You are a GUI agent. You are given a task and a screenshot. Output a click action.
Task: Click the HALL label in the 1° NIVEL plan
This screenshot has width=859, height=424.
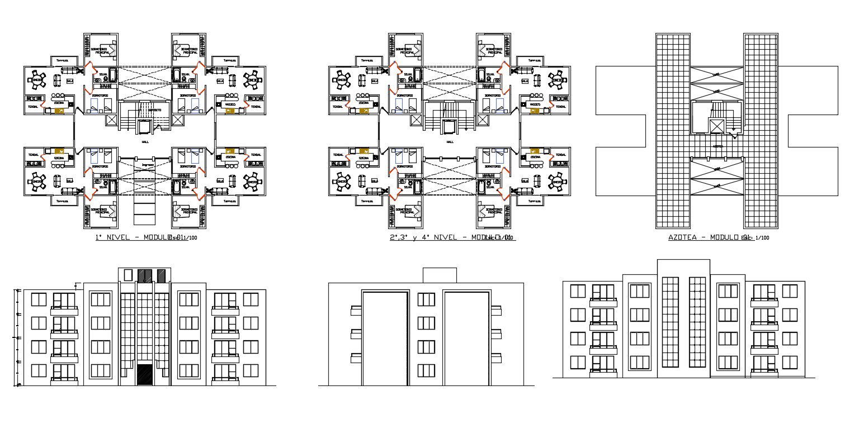click(145, 142)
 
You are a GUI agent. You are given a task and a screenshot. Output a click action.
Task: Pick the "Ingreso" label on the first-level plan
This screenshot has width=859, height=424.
click(148, 165)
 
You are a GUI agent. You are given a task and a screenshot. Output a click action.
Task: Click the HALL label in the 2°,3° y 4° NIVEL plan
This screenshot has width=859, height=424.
click(450, 142)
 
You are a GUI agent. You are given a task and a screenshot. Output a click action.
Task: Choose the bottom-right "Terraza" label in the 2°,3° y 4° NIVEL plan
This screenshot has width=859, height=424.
click(534, 201)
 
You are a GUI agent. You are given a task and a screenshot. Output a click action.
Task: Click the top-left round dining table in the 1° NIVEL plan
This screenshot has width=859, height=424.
click(38, 79)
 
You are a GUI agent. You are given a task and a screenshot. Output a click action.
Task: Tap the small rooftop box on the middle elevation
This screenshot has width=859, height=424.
click(440, 275)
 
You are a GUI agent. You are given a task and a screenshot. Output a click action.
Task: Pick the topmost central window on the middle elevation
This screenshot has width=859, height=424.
click(426, 299)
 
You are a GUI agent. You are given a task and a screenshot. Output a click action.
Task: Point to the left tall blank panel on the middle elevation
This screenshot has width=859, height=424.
click(385, 337)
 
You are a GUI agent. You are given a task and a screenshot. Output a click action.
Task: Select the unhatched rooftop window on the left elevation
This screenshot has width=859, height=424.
click(128, 275)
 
